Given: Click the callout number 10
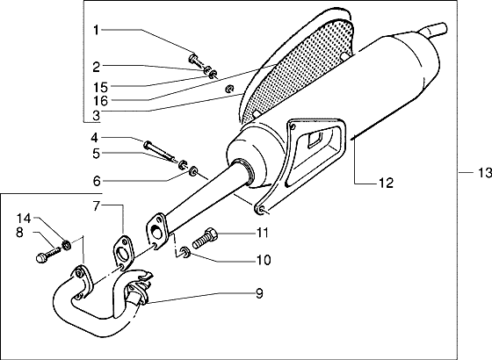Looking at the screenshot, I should [263, 260].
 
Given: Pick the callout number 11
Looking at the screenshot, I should [263, 233].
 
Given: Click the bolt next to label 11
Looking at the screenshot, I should [206, 235].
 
